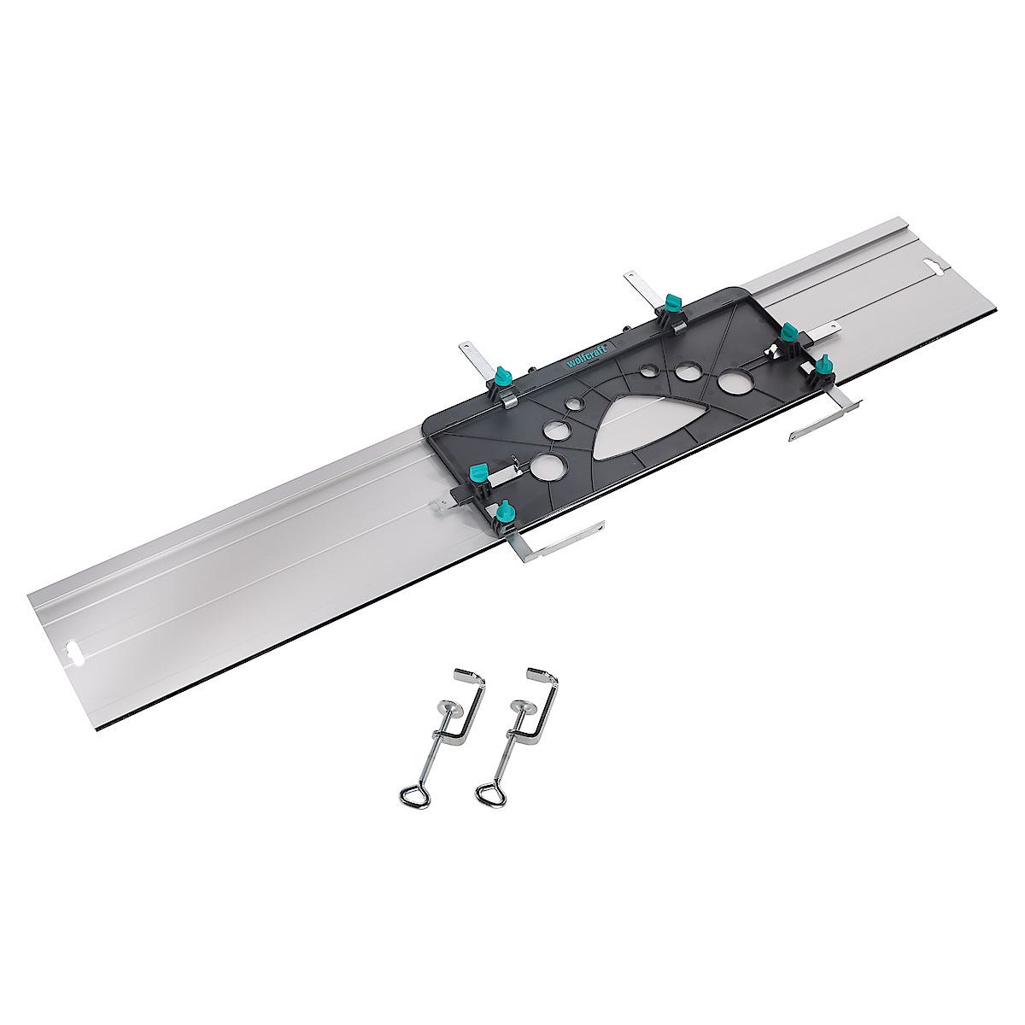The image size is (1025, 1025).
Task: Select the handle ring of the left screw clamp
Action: pyautogui.click(x=412, y=796)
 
